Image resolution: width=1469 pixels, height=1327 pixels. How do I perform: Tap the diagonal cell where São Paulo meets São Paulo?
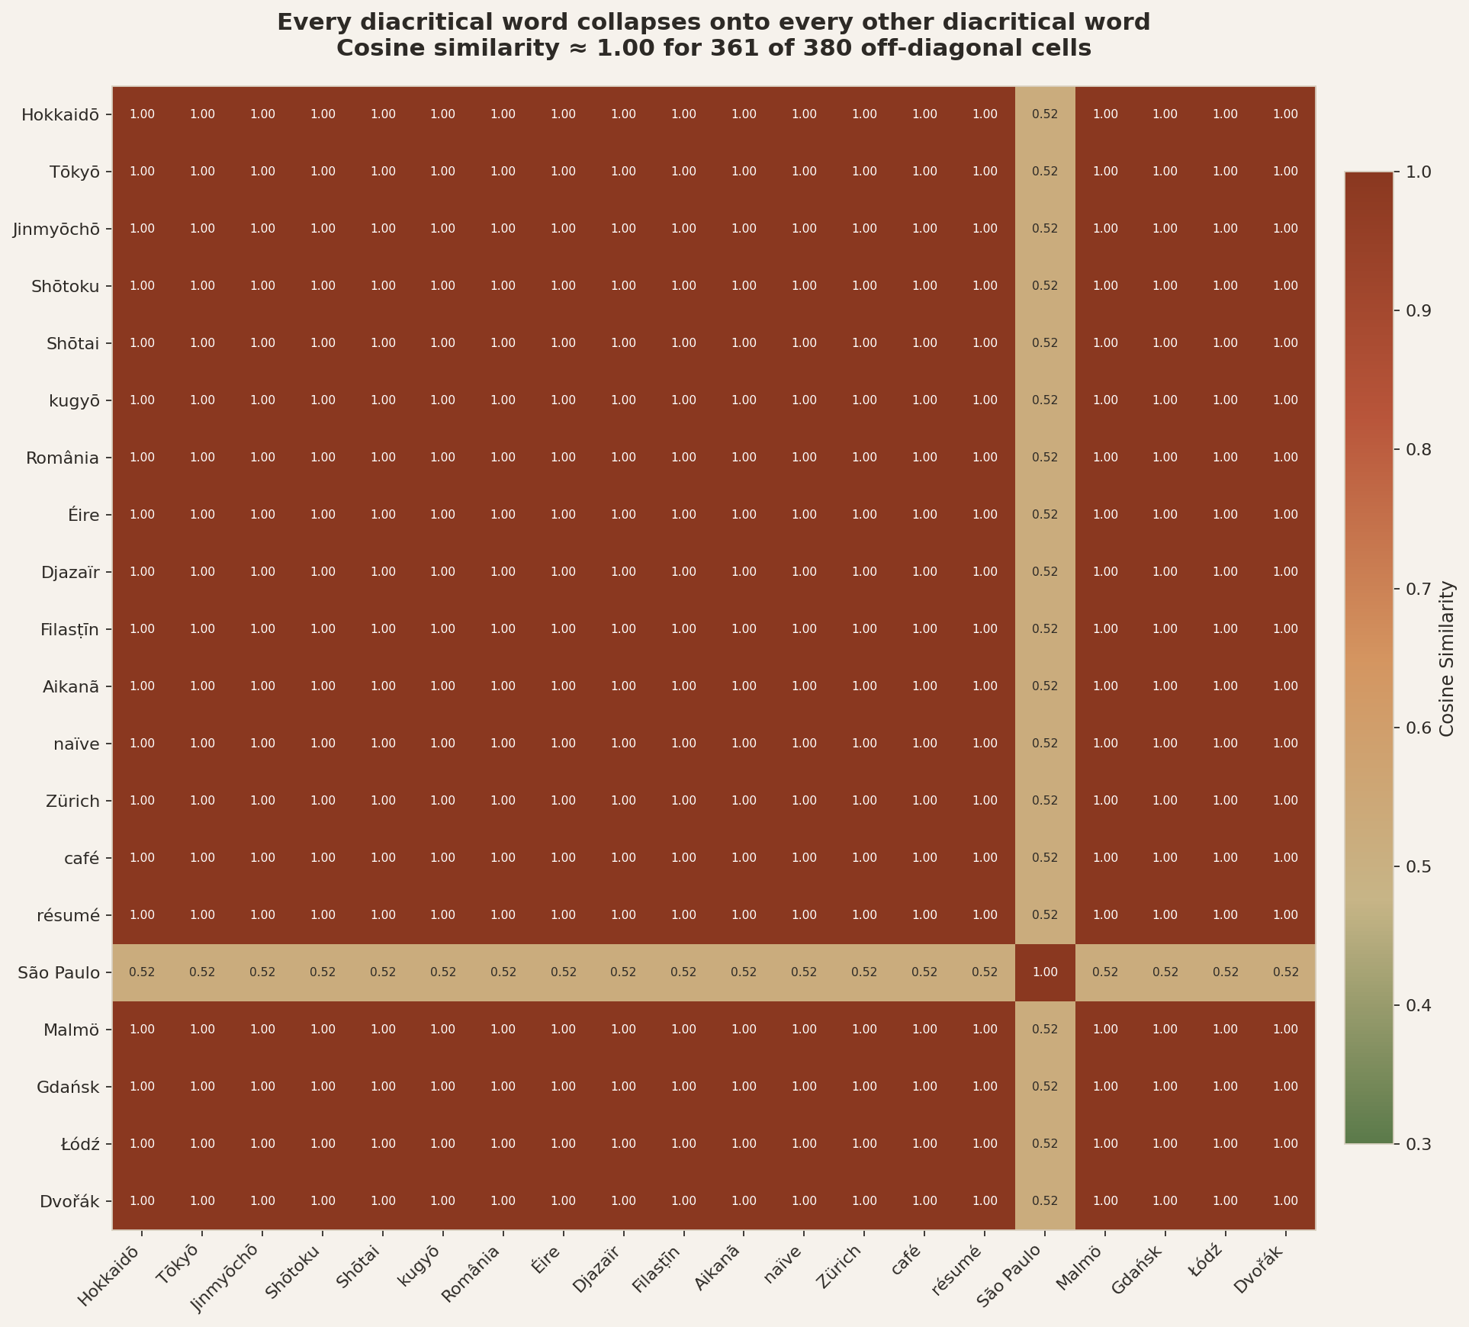pyautogui.click(x=1045, y=972)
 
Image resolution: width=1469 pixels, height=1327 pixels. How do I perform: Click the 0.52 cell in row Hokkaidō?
pyautogui.click(x=1045, y=114)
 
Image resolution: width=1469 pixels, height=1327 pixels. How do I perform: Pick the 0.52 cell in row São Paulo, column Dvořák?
pyautogui.click(x=1285, y=972)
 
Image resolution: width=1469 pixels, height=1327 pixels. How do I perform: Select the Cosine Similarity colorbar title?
pyautogui.click(x=1446, y=659)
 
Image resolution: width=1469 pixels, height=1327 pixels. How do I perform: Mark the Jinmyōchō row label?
pyautogui.click(x=56, y=229)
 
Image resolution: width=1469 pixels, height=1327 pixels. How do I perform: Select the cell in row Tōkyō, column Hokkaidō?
pyautogui.click(x=143, y=172)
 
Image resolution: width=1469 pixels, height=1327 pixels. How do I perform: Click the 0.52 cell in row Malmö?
pyautogui.click(x=1045, y=1030)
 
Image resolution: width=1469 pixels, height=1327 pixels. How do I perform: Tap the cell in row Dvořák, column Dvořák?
pyautogui.click(x=1285, y=1201)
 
